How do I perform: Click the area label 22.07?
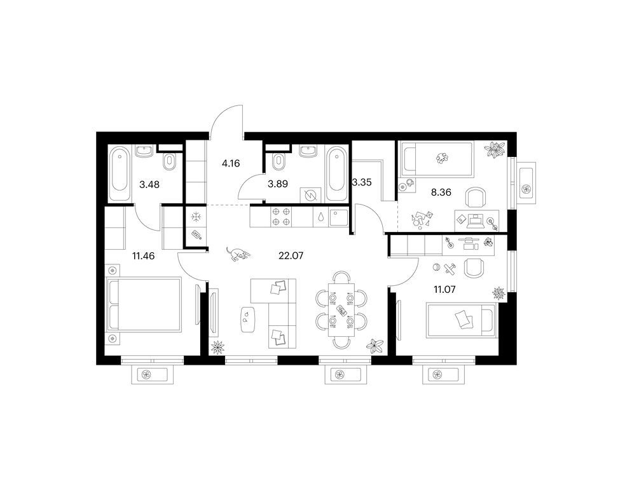291,255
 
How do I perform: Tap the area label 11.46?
143,255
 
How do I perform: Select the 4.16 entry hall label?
231,163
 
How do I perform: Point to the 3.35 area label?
362,182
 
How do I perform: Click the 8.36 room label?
441,193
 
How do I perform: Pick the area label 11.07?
444,289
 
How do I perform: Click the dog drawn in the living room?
238,254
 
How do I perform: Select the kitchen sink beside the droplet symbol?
338,217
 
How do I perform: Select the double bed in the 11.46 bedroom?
143,304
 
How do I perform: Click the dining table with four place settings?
342,309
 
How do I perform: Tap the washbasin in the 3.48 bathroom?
144,151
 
